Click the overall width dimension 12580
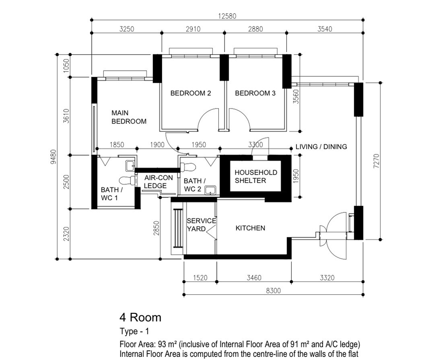pyautogui.click(x=227, y=16)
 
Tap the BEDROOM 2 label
pyautogui.click(x=190, y=93)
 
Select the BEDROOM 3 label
pyautogui.click(x=255, y=93)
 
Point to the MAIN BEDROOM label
pyautogui.click(x=129, y=117)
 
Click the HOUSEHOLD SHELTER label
pyautogui.click(x=256, y=176)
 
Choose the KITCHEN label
pyautogui.click(x=250, y=228)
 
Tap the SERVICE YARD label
pyautogui.click(x=201, y=225)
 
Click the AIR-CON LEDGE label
pyautogui.click(x=156, y=182)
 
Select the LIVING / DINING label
pyautogui.click(x=321, y=147)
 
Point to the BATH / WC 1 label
pyautogui.click(x=112, y=193)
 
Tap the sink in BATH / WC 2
pyautogui.click(x=210, y=190)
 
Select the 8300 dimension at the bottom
pyautogui.click(x=273, y=291)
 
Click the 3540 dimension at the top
pyautogui.click(x=325, y=29)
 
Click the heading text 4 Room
pyautogui.click(x=140, y=318)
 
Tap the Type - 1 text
pyautogui.click(x=134, y=332)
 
